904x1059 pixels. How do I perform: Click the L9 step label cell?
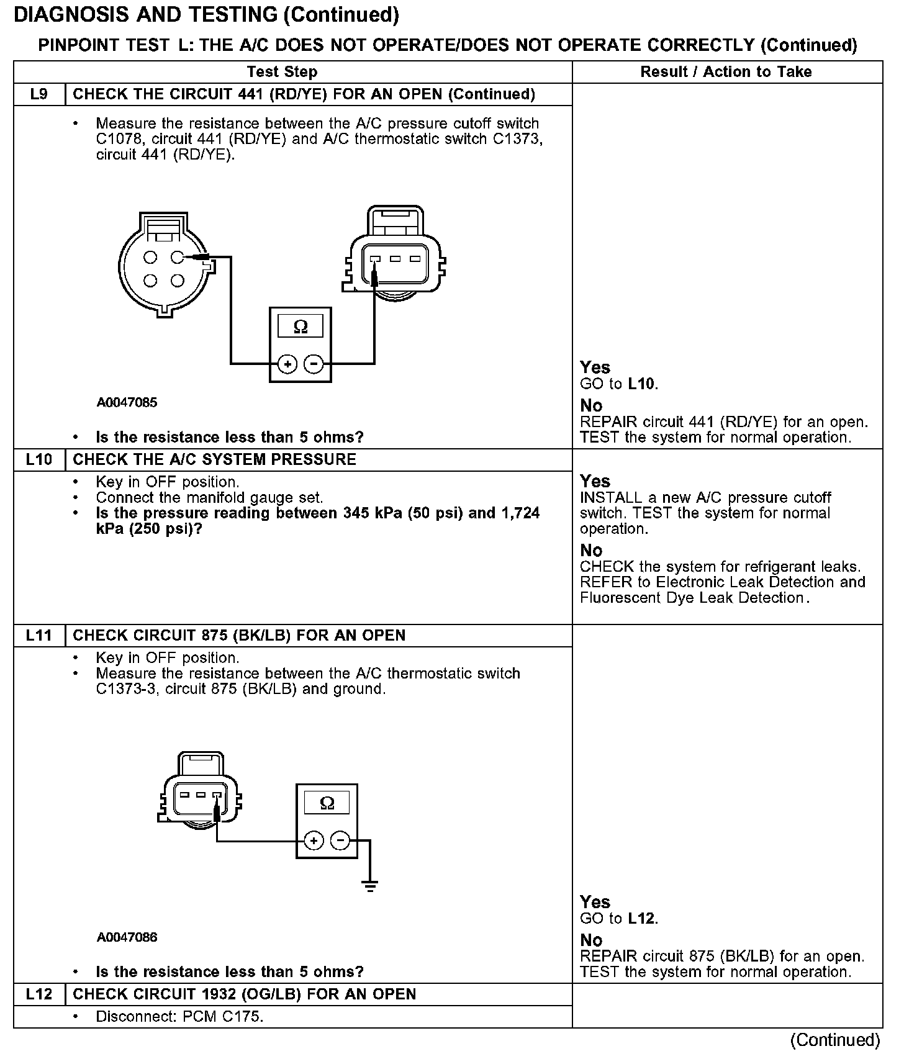(x=39, y=94)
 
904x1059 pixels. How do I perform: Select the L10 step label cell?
(x=39, y=460)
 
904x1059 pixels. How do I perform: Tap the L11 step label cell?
(x=39, y=636)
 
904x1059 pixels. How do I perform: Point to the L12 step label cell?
(x=39, y=994)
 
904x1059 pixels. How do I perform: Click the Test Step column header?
(x=282, y=72)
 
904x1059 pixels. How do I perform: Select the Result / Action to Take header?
(x=726, y=72)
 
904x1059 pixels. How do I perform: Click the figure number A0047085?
(x=127, y=402)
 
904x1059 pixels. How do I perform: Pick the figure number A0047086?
(x=127, y=937)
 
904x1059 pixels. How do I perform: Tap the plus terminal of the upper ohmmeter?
(x=287, y=364)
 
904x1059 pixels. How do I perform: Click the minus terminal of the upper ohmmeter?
(x=315, y=364)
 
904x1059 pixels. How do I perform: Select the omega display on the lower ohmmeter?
(x=327, y=803)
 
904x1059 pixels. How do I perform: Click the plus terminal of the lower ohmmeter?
(x=314, y=841)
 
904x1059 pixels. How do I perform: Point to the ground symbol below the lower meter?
(x=370, y=886)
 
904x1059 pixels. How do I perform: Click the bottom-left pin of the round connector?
(x=150, y=281)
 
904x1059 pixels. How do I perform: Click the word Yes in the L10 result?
(x=595, y=481)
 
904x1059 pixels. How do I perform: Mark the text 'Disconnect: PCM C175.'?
(x=179, y=1017)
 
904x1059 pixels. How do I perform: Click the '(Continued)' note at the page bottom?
(x=835, y=1040)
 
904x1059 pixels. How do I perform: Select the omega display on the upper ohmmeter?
(x=301, y=327)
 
